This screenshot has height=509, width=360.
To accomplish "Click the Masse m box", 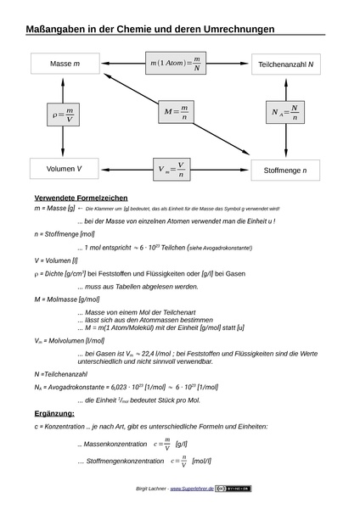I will (65, 64).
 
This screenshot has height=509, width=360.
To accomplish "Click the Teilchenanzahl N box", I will (285, 64).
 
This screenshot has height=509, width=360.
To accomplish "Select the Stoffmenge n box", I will (285, 170).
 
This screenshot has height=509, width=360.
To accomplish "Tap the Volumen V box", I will (65, 169).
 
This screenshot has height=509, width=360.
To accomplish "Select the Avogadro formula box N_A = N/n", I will (284, 111).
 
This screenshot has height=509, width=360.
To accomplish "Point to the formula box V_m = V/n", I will (174, 169).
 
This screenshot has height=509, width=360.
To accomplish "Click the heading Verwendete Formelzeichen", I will (76, 197).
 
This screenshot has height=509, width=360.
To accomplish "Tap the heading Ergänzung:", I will (55, 412).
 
